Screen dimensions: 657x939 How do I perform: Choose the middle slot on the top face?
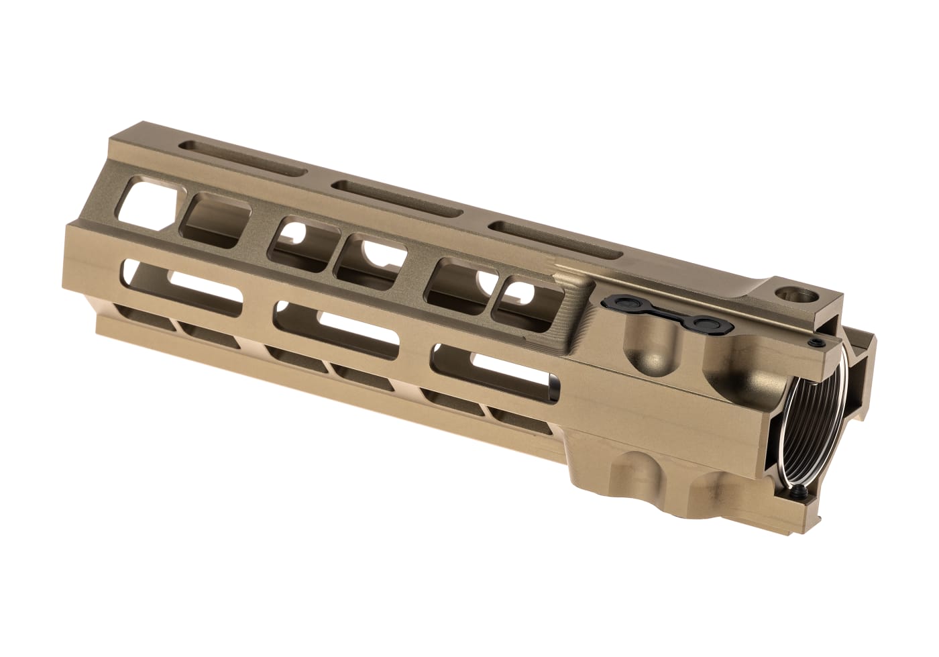tap(398, 199)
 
